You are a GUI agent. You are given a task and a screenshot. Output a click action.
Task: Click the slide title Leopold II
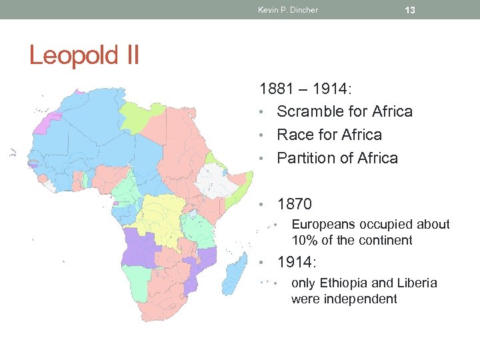coord(84,55)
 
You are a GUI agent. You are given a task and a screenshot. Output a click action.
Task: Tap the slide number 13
coord(410,10)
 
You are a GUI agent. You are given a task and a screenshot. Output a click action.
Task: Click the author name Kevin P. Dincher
coord(287,10)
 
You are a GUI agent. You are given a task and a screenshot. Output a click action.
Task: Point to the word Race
coord(293,135)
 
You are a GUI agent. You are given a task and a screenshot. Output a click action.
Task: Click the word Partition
coord(308,158)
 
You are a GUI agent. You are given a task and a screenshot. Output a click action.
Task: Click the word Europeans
coord(325,225)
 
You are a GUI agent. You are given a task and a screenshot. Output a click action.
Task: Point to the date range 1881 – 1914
coord(308,89)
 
